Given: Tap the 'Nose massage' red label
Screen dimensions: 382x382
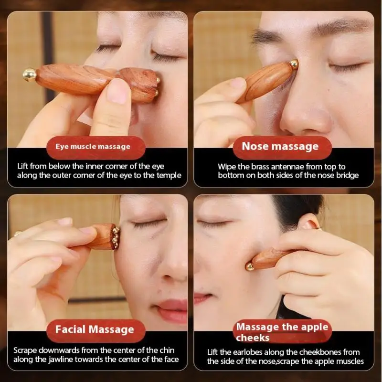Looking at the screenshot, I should (280, 147).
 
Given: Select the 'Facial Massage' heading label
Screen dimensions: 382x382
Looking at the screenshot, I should (95, 329).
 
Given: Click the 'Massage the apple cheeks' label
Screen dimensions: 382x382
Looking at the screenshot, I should (282, 332).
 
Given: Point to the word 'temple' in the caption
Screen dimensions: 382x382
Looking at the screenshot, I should (169, 175).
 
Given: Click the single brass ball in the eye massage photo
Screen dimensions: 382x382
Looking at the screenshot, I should (30, 74).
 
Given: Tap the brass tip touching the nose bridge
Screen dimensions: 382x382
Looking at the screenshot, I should (293, 64).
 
